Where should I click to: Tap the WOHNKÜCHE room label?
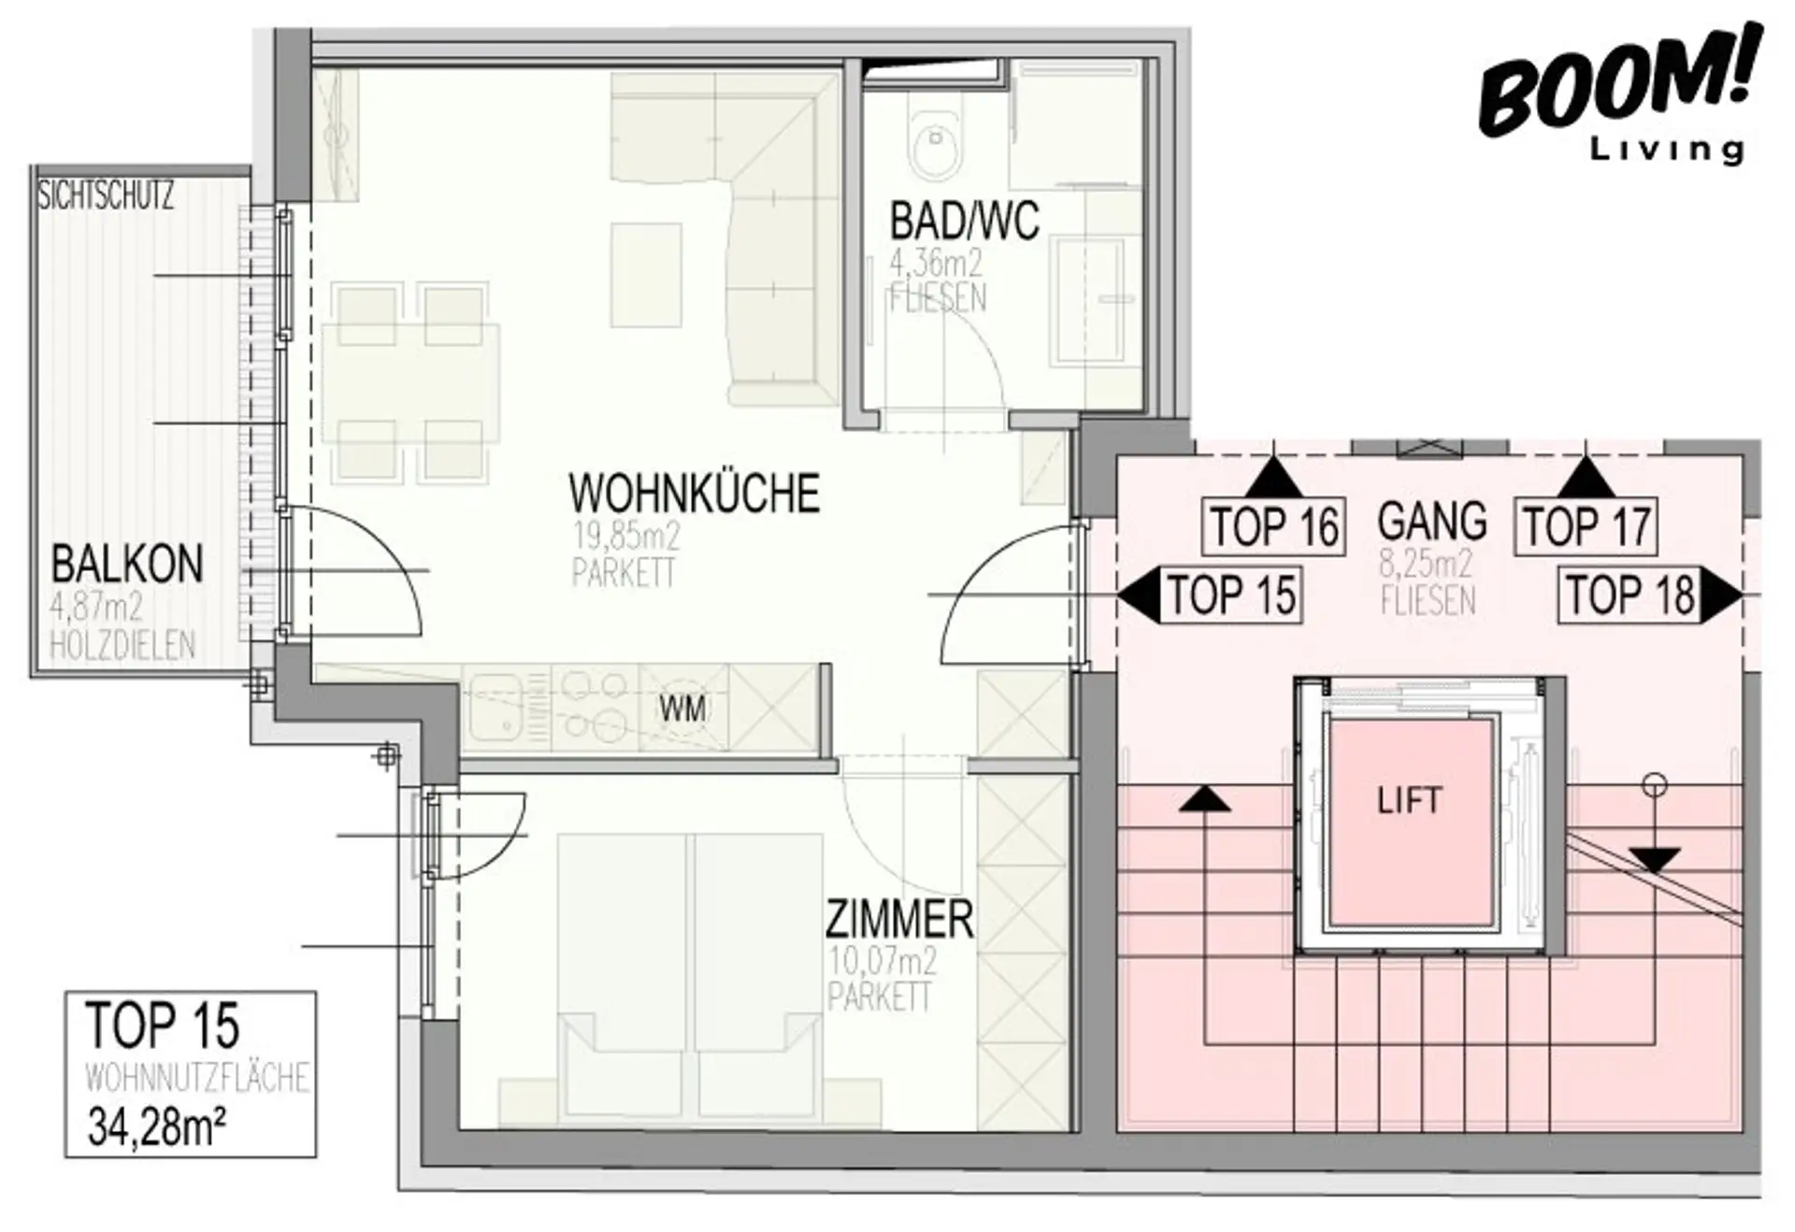pyautogui.click(x=694, y=494)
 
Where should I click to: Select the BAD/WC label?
pyautogui.click(x=964, y=222)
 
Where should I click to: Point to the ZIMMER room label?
pyautogui.click(x=899, y=920)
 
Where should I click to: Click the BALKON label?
pyautogui.click(x=127, y=565)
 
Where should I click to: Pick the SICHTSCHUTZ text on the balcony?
pyautogui.click(x=106, y=196)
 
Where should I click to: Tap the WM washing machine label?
pyautogui.click(x=682, y=709)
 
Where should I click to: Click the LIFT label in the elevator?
pyautogui.click(x=1409, y=800)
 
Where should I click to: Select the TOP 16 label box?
pyautogui.click(x=1273, y=525)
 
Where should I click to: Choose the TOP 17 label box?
pyautogui.click(x=1586, y=525)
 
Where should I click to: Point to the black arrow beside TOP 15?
pyautogui.click(x=1139, y=595)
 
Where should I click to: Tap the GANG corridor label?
pyautogui.click(x=1431, y=522)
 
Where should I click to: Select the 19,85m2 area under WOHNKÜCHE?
pyautogui.click(x=626, y=537)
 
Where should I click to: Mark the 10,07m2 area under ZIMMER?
pyautogui.click(x=883, y=962)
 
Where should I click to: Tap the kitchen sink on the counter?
pyautogui.click(x=495, y=708)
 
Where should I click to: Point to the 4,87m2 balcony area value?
pyautogui.click(x=96, y=609)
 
